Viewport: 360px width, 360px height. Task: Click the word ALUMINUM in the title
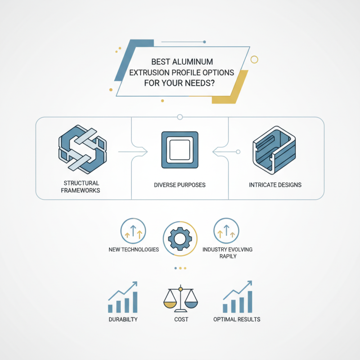coord(193,62)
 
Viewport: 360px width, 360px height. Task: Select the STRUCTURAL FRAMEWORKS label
coord(81,187)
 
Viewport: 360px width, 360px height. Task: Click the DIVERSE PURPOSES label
coord(180,185)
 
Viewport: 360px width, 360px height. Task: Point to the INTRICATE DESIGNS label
coord(275,185)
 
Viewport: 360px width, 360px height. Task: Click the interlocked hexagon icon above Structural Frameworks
coord(82,149)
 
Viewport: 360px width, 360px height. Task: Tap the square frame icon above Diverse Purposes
coord(180,150)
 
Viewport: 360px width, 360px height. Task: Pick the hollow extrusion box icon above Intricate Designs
coord(274,150)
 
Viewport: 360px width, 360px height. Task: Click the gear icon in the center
coord(180,239)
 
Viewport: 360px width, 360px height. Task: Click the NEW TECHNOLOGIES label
coord(134,250)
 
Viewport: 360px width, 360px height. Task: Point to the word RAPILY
coord(228,256)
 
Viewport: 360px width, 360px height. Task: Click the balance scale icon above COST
coord(180,299)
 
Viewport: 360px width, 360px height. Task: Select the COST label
coord(181,319)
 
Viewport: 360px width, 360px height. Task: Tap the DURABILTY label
coord(123,319)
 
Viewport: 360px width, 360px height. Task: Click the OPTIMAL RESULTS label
coord(237,319)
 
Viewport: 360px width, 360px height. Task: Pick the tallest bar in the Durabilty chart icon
coord(135,302)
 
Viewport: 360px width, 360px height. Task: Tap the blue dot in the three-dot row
coord(175,268)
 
